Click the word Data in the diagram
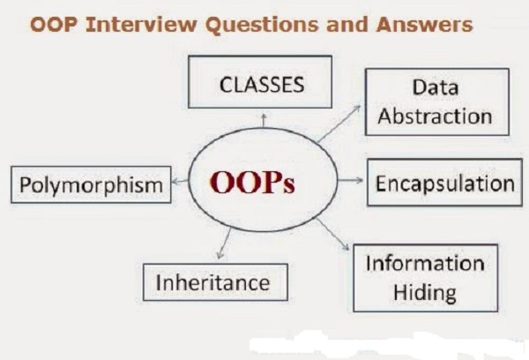[436, 87]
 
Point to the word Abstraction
[435, 116]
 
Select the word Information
[425, 263]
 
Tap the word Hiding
[425, 292]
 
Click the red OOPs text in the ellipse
[252, 183]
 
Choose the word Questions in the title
[262, 25]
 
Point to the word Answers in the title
[424, 25]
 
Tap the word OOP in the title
[53, 25]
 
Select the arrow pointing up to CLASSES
[264, 121]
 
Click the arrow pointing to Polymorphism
[180, 182]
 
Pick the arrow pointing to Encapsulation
[350, 180]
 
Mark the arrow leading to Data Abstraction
[339, 123]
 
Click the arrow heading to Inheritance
[225, 244]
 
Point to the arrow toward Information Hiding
[332, 234]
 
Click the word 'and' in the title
[346, 25]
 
